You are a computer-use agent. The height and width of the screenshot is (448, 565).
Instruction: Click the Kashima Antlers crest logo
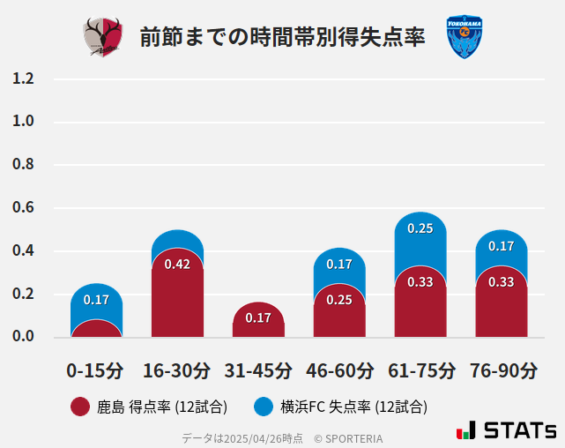point(103,37)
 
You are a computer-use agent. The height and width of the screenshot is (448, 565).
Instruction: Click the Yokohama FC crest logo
point(465,37)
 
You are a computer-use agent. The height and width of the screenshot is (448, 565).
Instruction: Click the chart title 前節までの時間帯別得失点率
point(282,37)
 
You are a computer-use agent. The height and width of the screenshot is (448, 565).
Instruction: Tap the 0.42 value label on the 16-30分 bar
point(177,265)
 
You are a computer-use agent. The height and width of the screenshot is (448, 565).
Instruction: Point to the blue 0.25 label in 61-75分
point(420,228)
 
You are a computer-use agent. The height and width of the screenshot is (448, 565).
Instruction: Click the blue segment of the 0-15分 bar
point(96,299)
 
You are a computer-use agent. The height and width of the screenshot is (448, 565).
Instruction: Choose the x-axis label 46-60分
point(339,370)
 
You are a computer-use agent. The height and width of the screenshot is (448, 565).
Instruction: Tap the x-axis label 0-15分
point(95,370)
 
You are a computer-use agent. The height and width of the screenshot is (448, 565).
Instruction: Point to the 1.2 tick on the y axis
point(23,78)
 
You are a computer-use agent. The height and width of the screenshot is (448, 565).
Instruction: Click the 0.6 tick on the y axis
point(23,208)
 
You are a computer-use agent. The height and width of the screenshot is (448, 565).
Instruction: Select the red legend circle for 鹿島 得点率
point(80,407)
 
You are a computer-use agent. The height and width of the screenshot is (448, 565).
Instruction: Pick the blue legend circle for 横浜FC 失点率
point(264,407)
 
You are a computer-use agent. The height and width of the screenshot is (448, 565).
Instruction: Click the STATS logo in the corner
point(507,431)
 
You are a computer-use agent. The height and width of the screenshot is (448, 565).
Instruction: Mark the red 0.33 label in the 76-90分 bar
point(502,282)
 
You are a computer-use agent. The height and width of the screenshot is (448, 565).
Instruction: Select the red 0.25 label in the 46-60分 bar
point(339,300)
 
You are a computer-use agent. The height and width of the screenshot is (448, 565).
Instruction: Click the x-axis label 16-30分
point(176,370)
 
